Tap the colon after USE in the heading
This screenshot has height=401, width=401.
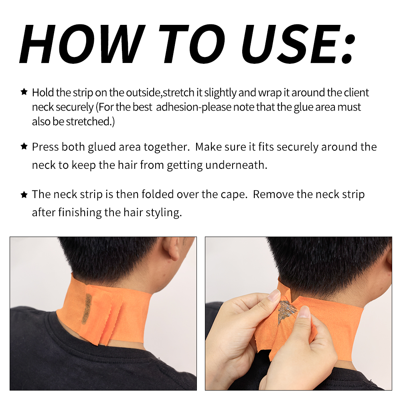tap(348, 49)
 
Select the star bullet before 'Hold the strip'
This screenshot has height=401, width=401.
tap(24, 92)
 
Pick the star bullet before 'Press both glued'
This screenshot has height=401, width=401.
tap(24, 146)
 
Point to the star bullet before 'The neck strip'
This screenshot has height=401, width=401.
tap(24, 194)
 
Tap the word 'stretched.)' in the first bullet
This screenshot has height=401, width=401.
tap(90, 122)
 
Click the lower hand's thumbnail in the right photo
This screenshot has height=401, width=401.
tap(304, 312)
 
